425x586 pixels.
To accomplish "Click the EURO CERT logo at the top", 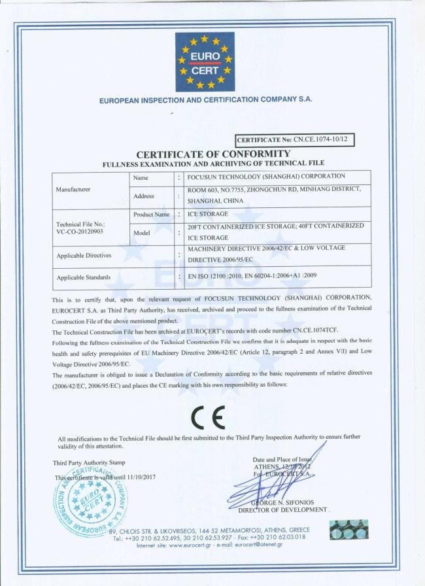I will coord(205,61).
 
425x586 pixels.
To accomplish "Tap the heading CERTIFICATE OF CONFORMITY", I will coord(213,154).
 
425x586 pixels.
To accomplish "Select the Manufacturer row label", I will coord(73,189).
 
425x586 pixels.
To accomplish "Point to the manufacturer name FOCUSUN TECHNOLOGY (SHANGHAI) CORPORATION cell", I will coord(266,177).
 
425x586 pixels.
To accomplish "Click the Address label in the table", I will coord(143,196).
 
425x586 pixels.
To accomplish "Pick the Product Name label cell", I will coord(151,215).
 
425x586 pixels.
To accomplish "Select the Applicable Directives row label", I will coord(84,255).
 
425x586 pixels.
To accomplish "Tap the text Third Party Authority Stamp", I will coord(89,463).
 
